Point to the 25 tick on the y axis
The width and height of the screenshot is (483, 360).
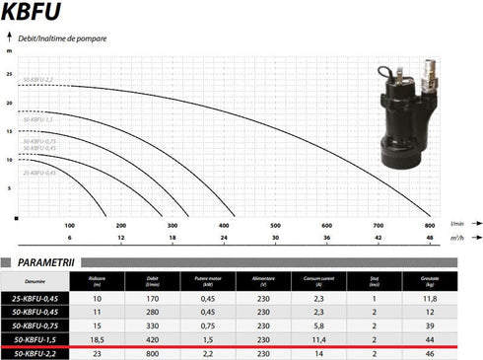tap(9, 73)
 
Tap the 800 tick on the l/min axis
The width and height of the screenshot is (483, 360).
tap(430, 225)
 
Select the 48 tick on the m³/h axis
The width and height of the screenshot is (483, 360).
tap(430, 238)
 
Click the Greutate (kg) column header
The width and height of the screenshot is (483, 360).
tap(429, 281)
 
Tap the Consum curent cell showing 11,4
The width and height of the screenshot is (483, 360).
tap(318, 337)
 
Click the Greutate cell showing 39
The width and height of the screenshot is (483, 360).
tap(429, 323)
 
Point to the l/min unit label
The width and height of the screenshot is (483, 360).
tap(455, 224)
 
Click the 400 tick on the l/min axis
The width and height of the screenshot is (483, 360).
tap(224, 225)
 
